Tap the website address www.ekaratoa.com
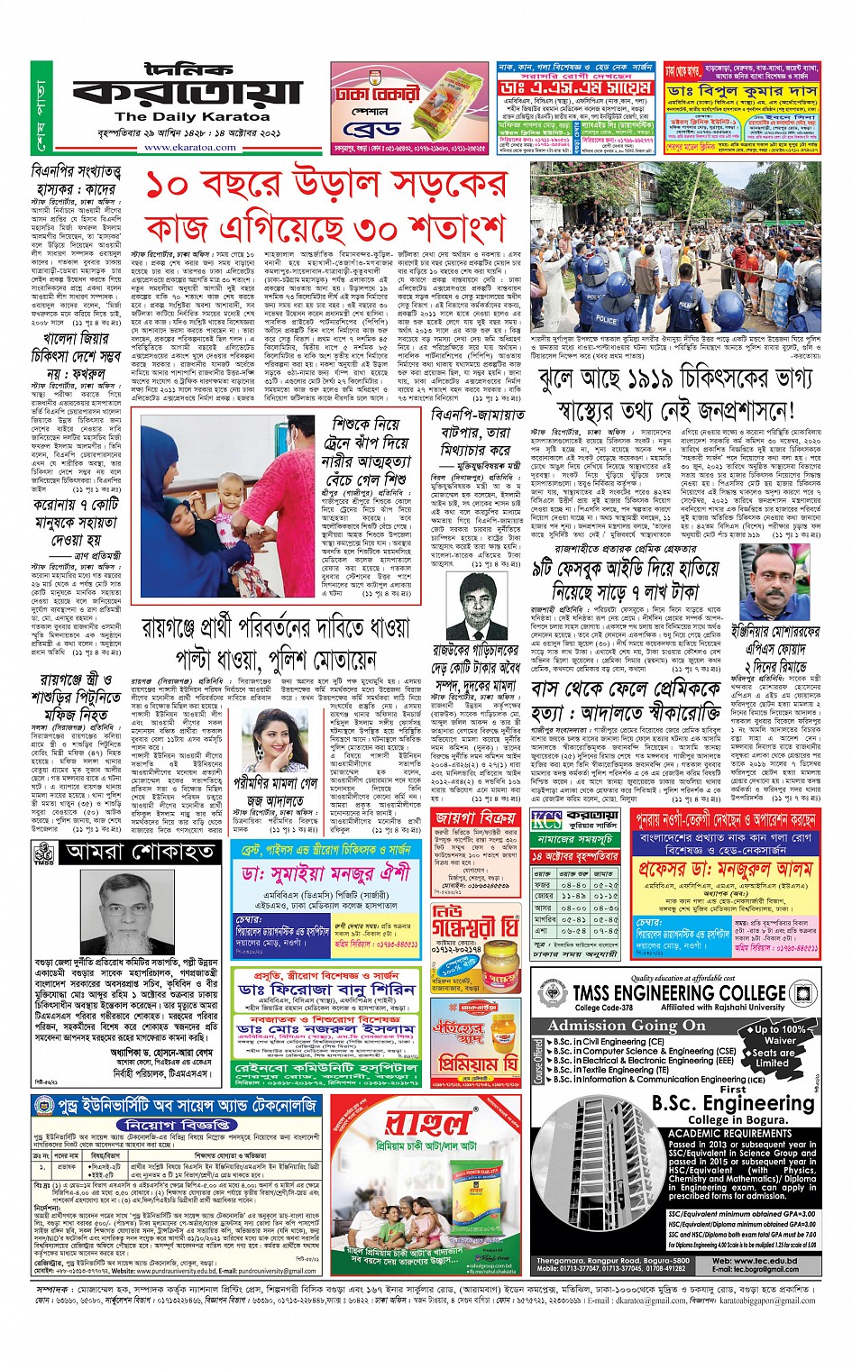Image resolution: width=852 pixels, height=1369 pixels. [x=190, y=147]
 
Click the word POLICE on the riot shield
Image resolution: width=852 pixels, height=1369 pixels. [x=607, y=319]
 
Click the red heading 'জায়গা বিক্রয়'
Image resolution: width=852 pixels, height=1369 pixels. [x=475, y=818]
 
